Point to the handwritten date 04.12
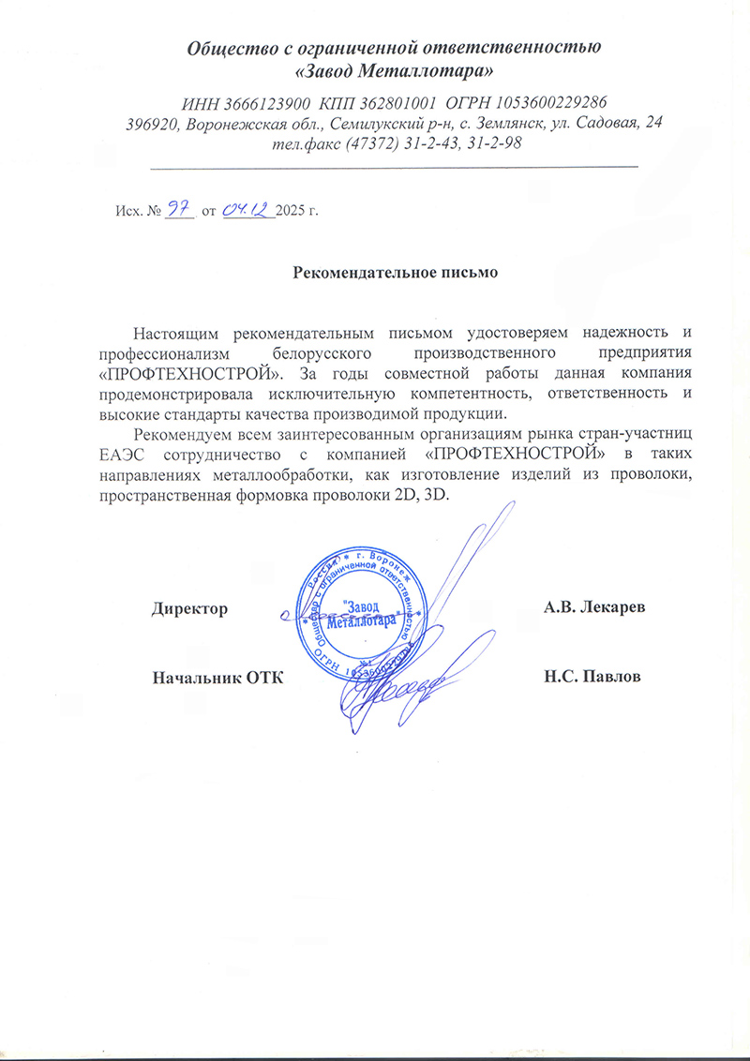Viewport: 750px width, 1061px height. pos(247,208)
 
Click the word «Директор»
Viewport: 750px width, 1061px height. pos(190,608)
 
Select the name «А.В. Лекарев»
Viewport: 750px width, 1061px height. pos(594,607)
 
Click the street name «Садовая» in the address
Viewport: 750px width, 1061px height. pos(608,123)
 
